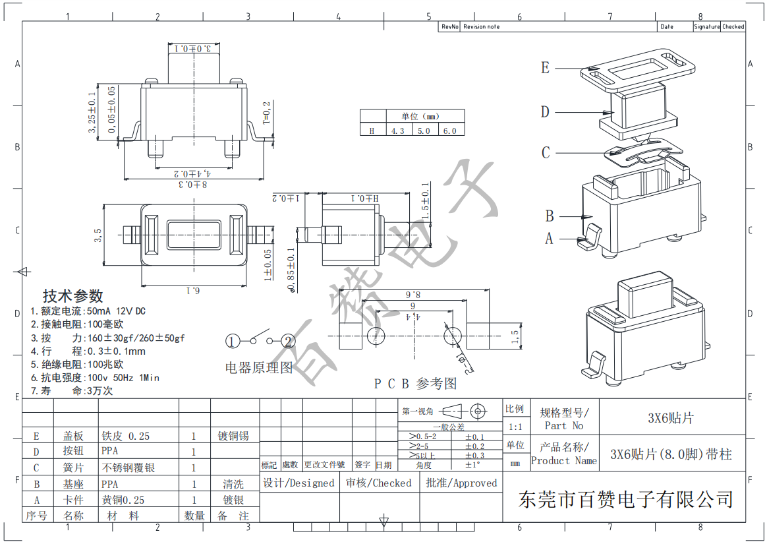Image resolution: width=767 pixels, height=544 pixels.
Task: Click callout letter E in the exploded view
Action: click(545, 68)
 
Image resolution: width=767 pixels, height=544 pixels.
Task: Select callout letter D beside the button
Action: click(545, 112)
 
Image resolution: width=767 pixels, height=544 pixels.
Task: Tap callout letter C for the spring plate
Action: click(546, 153)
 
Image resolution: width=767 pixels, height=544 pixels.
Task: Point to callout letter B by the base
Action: click(550, 216)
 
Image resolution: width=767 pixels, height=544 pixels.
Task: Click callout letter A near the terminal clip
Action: click(549, 239)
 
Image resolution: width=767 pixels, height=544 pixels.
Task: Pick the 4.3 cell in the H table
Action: click(397, 131)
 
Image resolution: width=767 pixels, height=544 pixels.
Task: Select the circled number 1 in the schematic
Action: click(233, 341)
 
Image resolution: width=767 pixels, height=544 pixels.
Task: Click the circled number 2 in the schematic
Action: click(288, 341)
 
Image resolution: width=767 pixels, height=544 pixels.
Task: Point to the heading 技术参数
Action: click(73, 295)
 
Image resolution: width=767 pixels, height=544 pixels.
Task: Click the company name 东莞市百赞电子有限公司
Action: click(626, 499)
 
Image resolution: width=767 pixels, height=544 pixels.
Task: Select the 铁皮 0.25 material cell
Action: click(125, 436)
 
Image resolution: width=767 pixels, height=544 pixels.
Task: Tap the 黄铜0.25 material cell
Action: click(123, 500)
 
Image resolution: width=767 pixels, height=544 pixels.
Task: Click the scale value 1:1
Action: click(515, 427)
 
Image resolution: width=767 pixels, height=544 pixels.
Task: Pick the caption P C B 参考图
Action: click(415, 383)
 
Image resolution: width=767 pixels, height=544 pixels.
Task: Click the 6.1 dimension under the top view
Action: click(192, 290)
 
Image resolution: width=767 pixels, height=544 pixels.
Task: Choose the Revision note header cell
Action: click(482, 27)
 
